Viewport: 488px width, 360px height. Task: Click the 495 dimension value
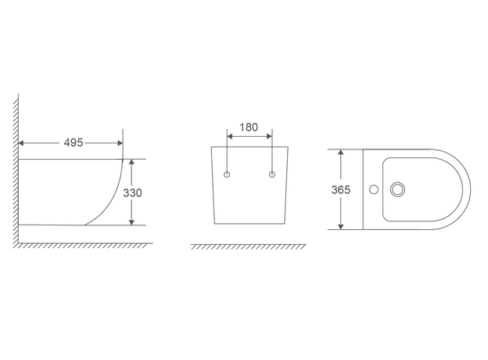[74, 142]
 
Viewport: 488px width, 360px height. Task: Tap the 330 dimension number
[133, 193]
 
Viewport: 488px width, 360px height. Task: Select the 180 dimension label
[249, 127]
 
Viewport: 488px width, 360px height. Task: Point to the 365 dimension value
[341, 189]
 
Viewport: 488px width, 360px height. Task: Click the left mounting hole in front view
[227, 175]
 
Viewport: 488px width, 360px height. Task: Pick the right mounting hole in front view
[272, 175]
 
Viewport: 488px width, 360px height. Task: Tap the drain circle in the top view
[397, 189]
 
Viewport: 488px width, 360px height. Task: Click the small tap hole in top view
[374, 189]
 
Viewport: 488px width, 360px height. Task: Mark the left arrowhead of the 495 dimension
[21, 143]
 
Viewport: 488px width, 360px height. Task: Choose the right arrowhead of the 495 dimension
[120, 143]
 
